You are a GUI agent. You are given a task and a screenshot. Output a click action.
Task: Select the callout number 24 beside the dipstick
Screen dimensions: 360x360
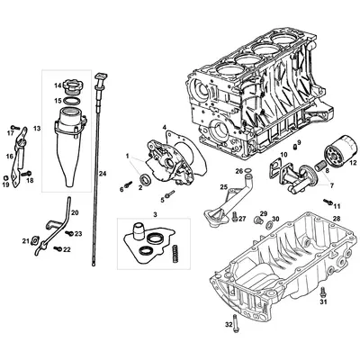click(x=103, y=172)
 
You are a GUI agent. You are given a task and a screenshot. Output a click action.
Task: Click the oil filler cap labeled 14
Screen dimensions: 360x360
click(x=70, y=87)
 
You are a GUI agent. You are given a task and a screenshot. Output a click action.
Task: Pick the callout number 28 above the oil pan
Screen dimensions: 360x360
click(x=336, y=219)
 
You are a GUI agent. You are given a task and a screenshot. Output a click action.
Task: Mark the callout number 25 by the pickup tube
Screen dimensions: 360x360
click(x=222, y=186)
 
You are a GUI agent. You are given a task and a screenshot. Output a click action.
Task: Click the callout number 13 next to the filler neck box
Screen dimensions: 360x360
click(x=37, y=130)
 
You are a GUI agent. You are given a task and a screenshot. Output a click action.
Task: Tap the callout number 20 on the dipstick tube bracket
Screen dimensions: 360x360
click(x=75, y=213)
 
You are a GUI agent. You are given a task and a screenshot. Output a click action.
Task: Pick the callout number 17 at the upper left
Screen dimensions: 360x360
click(x=12, y=133)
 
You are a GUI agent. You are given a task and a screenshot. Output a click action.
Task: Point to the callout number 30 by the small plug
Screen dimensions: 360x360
click(x=276, y=219)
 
